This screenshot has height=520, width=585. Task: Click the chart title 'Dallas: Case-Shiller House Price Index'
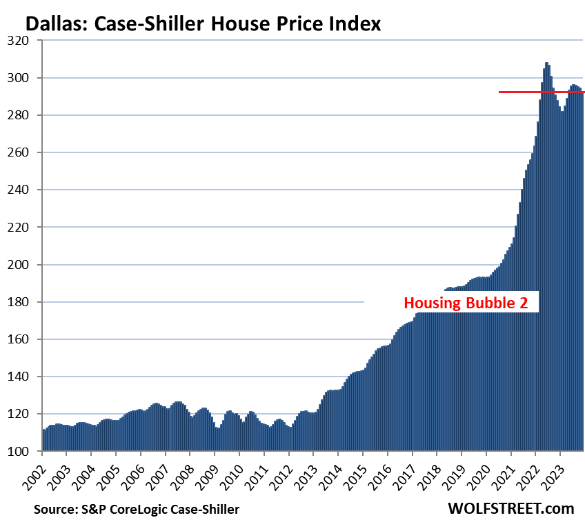click(202, 25)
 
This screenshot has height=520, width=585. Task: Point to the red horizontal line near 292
click(542, 92)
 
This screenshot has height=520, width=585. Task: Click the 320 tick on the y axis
click(26, 41)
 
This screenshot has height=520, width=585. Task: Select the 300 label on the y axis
click(26, 78)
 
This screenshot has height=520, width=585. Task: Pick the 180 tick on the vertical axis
click(26, 302)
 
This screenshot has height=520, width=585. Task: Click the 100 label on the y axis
click(26, 451)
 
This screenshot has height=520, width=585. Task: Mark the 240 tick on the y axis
click(26, 190)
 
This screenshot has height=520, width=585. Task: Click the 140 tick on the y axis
click(26, 377)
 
